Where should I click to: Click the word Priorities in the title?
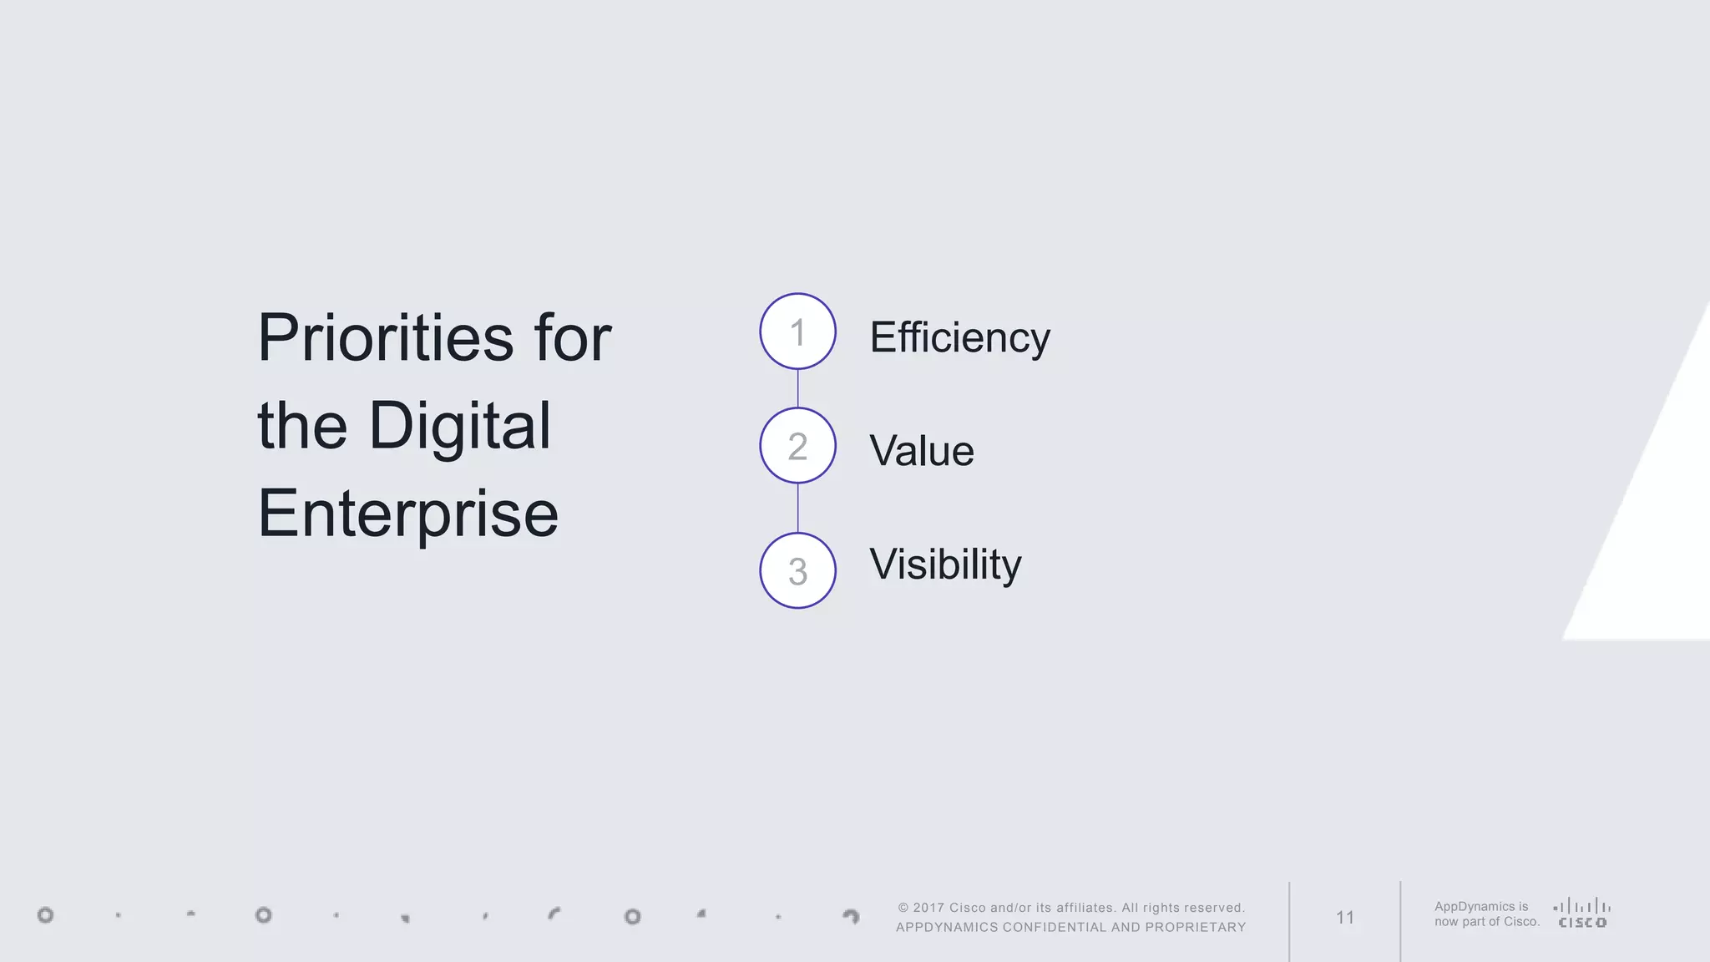click(385, 338)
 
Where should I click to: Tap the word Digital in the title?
click(459, 426)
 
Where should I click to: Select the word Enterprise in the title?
click(407, 514)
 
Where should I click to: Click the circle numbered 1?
click(797, 332)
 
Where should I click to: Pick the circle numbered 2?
click(797, 446)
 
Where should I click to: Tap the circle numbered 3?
click(797, 571)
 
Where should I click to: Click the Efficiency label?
click(959, 338)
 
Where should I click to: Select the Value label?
click(921, 451)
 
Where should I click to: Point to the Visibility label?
click(944, 565)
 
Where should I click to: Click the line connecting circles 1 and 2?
click(797, 388)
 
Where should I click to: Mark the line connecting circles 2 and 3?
click(797, 508)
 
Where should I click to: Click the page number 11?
click(1344, 918)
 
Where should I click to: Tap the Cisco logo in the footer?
click(1582, 914)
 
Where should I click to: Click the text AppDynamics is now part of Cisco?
click(1486, 914)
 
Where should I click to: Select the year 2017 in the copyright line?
click(928, 908)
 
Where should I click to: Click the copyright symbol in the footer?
click(903, 908)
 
